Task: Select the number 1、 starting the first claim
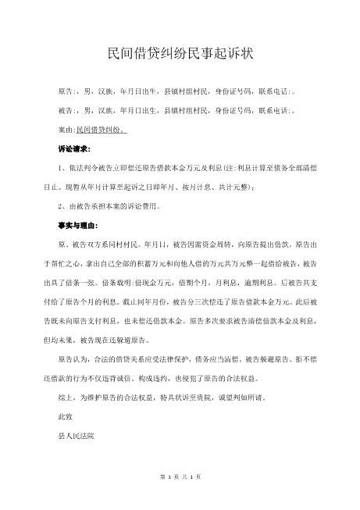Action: pyautogui.click(x=53, y=167)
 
